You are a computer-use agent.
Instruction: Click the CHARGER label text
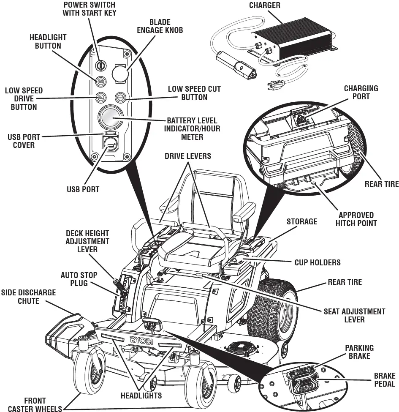(265, 5)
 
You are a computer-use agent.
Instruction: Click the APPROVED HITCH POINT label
(356, 219)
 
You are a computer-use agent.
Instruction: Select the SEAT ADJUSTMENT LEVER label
(354, 315)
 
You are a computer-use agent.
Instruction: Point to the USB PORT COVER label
(21, 141)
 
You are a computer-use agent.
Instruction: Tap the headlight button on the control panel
(101, 81)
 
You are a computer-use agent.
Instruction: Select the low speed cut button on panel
(120, 98)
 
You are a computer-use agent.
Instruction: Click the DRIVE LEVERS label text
(188, 156)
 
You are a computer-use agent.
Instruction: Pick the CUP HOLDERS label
(317, 262)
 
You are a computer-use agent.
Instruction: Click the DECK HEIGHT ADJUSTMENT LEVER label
(87, 241)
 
